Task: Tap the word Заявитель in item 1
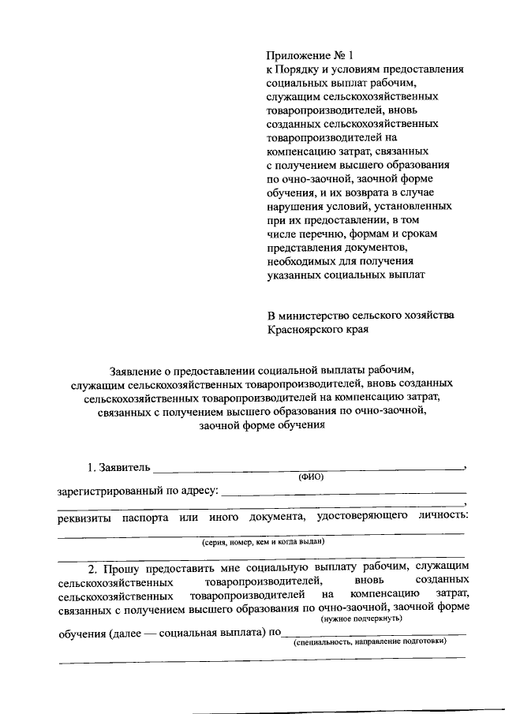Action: (124, 466)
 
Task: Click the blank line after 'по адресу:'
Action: (344, 493)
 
